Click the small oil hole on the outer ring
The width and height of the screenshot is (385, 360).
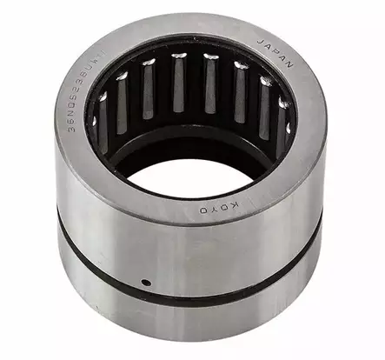147,283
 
